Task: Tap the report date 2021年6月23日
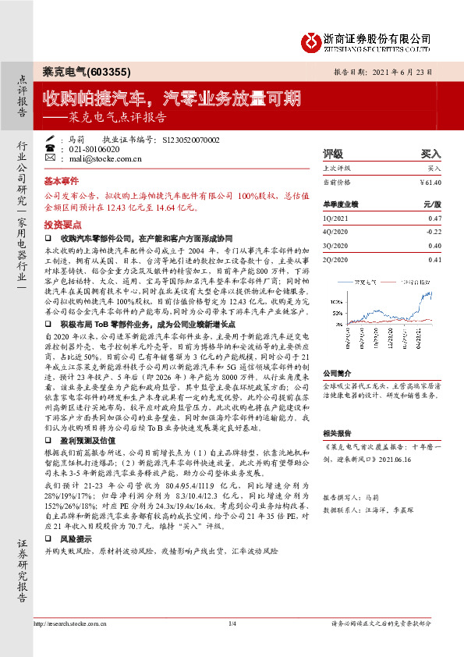(x=410, y=71)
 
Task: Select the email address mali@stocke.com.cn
(x=104, y=158)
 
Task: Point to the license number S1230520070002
(x=191, y=139)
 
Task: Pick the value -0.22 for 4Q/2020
(x=433, y=232)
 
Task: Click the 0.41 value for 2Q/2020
(x=434, y=259)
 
